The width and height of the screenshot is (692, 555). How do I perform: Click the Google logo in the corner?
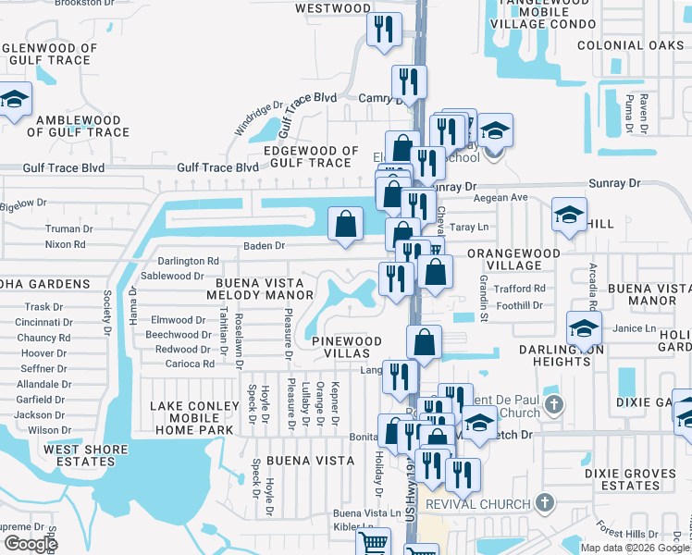[31, 544]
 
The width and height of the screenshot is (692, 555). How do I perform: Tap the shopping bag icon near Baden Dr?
[345, 225]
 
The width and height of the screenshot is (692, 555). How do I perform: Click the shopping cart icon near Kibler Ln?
[372, 542]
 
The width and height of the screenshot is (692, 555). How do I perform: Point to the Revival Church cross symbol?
[545, 504]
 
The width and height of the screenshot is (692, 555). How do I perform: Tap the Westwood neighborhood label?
[332, 8]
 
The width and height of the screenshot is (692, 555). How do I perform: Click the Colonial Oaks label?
[629, 44]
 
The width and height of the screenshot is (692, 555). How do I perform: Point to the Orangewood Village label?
[513, 259]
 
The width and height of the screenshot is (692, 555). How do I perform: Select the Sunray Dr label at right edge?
[620, 183]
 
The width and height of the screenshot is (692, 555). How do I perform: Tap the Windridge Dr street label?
[258, 118]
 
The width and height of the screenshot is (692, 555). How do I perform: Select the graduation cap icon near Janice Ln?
[584, 327]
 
